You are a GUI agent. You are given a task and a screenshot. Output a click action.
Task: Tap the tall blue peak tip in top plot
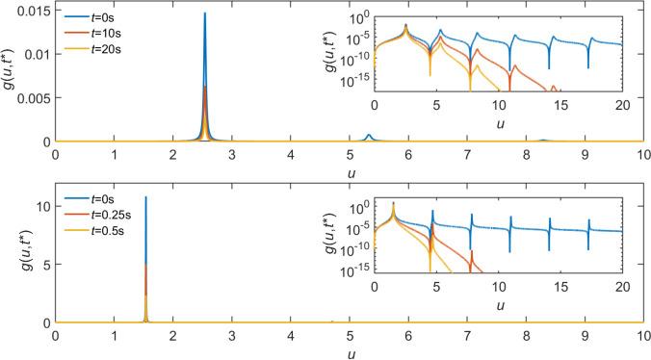point(204,13)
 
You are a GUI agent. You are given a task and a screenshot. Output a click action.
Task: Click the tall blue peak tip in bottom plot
point(145,197)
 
